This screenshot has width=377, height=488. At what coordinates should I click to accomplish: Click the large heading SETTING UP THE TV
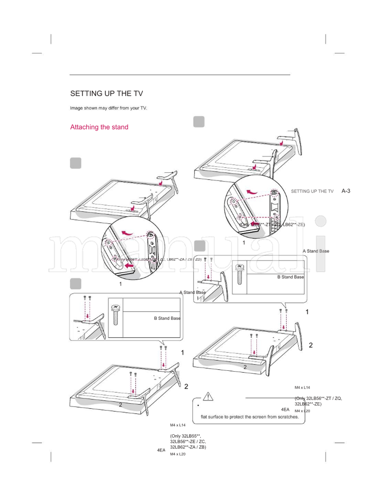(x=107, y=93)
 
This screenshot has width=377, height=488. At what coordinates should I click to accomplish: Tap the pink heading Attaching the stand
(x=99, y=127)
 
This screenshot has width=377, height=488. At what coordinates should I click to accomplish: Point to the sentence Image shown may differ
(x=108, y=108)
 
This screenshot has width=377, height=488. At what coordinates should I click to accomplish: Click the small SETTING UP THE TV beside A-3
(x=312, y=191)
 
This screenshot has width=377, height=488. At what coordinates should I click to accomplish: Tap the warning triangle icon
(x=209, y=397)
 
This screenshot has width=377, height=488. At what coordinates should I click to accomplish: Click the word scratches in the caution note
(x=284, y=417)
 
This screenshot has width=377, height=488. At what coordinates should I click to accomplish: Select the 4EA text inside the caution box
(x=285, y=409)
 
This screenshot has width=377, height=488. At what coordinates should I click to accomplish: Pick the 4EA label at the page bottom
(x=161, y=450)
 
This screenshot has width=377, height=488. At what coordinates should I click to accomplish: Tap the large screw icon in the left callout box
(x=115, y=315)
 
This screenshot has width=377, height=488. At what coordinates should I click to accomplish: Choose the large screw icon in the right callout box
(x=240, y=274)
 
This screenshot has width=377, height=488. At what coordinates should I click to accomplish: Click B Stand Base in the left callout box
(x=167, y=318)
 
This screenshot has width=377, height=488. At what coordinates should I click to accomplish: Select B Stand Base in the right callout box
(x=290, y=277)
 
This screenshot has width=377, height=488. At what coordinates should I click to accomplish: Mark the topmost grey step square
(x=199, y=122)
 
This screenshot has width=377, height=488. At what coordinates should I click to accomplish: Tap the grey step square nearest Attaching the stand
(x=75, y=163)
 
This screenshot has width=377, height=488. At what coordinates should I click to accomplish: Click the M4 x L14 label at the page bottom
(x=178, y=425)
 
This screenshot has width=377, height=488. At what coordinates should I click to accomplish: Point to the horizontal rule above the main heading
(x=180, y=75)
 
